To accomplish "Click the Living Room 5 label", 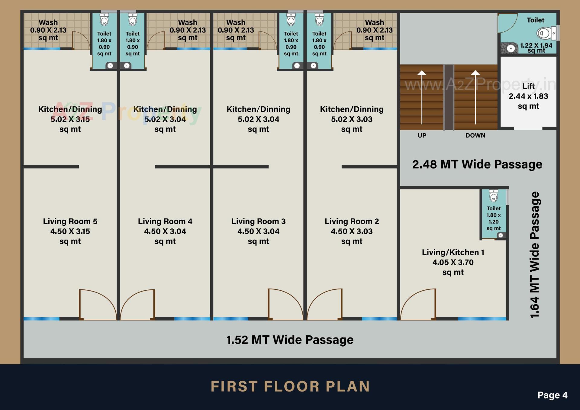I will [x=70, y=221].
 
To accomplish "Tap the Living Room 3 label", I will [x=258, y=221].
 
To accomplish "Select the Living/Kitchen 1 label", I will [x=453, y=253].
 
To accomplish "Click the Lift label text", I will [x=528, y=86].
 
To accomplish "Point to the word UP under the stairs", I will [x=422, y=136].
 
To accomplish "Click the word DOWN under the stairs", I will [x=475, y=136].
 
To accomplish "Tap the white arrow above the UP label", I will [x=422, y=97].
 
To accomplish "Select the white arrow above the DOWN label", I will [x=475, y=97].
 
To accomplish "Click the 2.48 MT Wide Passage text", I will [x=477, y=165].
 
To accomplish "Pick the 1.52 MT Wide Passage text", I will [x=290, y=340].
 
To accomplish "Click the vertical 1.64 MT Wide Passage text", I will [x=535, y=254].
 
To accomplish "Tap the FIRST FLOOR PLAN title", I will [x=290, y=386].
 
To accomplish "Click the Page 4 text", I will [x=552, y=395].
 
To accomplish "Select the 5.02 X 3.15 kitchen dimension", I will [x=70, y=119].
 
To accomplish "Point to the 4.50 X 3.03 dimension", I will [x=352, y=231].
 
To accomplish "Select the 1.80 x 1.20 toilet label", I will [x=493, y=218].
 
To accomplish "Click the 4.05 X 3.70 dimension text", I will [x=453, y=263].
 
